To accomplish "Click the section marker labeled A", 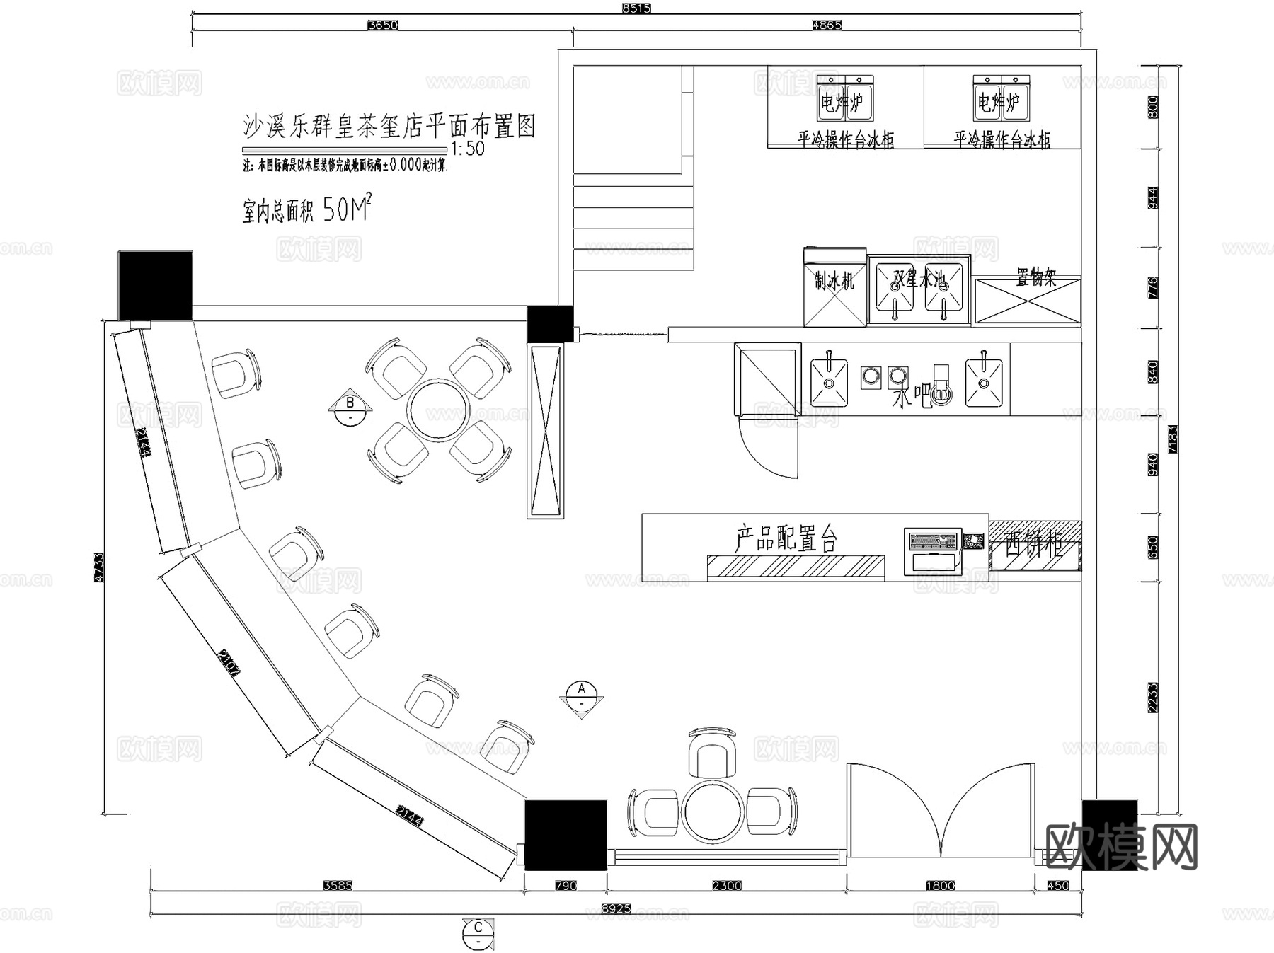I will [x=582, y=689].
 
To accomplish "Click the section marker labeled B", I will [x=350, y=404].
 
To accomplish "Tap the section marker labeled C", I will [x=478, y=928].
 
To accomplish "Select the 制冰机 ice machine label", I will [x=834, y=281].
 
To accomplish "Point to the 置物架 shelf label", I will [x=1035, y=277].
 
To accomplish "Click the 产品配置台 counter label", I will [x=786, y=539].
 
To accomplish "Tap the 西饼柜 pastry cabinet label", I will [x=1033, y=545].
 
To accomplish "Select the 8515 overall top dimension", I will [x=636, y=8].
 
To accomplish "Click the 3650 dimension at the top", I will [x=382, y=25].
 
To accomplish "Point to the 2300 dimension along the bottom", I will [x=727, y=885].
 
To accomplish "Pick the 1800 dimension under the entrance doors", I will [x=940, y=885].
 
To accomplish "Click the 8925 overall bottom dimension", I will [x=616, y=908].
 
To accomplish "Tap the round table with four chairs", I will [x=438, y=410].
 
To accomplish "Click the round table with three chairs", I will [x=713, y=810].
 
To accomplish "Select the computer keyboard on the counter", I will [x=933, y=541].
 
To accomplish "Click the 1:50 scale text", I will [x=467, y=149].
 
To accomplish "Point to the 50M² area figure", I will [x=347, y=209].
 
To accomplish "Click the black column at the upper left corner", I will [x=155, y=284].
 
